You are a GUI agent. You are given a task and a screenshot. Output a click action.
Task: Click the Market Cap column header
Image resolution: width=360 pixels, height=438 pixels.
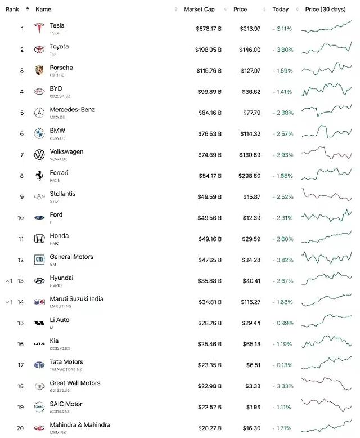pyautogui.click(x=199, y=10)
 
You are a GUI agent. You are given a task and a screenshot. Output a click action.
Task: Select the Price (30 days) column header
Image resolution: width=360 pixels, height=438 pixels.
pyautogui.click(x=326, y=10)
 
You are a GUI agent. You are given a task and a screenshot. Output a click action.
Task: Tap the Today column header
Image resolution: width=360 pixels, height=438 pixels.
pyautogui.click(x=280, y=10)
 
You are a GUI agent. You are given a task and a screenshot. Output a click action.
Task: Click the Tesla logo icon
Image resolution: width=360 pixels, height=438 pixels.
pyautogui.click(x=39, y=29)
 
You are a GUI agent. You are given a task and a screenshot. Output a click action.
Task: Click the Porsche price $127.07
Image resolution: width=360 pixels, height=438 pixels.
pyautogui.click(x=249, y=71)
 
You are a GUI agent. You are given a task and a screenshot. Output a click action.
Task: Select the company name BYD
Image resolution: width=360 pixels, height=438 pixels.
pyautogui.click(x=56, y=88)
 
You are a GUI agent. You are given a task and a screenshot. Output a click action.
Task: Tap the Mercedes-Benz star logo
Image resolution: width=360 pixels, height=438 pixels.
pyautogui.click(x=39, y=113)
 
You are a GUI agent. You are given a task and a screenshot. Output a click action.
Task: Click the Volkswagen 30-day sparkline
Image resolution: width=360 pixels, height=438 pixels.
pyautogui.click(x=326, y=154)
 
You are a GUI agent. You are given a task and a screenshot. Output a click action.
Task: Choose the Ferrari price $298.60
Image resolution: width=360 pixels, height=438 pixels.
pyautogui.click(x=247, y=176)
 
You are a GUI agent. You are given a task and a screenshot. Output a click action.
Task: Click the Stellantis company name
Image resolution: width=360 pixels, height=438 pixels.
pyautogui.click(x=62, y=194)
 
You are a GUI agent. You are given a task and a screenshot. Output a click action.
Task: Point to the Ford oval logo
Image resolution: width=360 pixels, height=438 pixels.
pyautogui.click(x=39, y=217)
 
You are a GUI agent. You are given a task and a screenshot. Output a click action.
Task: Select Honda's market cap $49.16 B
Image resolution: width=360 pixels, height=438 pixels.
pyautogui.click(x=209, y=239)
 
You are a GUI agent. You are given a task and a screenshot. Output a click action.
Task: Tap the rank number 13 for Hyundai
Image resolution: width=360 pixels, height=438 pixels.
pyautogui.click(x=20, y=281)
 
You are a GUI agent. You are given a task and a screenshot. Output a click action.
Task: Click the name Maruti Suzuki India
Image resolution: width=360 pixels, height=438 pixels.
pyautogui.click(x=76, y=299)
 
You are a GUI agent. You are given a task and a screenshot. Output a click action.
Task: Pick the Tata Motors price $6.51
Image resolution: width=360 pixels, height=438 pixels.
pyautogui.click(x=253, y=365)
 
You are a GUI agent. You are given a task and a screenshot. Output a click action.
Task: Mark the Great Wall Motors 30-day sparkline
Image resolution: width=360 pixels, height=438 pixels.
pyautogui.click(x=326, y=385)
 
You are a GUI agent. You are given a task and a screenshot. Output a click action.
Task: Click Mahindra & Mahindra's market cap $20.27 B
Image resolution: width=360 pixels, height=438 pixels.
pyautogui.click(x=209, y=428)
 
